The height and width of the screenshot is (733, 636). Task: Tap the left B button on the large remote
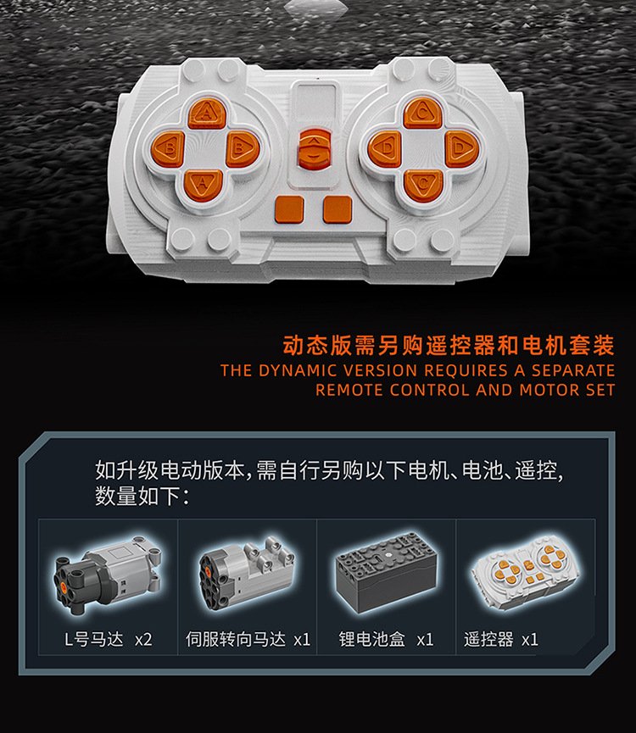tap(168, 148)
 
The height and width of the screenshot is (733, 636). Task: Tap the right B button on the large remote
tap(242, 148)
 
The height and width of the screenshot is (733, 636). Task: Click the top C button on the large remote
tap(422, 114)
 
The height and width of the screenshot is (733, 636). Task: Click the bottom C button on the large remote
tap(422, 185)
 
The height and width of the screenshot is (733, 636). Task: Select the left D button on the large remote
tap(385, 148)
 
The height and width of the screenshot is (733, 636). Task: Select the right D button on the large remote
tap(460, 148)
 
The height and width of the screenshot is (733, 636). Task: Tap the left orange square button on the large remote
tap(290, 210)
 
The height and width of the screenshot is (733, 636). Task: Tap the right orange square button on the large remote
tap(338, 210)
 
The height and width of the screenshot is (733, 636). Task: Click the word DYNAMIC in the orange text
tap(298, 370)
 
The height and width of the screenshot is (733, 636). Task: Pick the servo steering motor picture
tap(247, 574)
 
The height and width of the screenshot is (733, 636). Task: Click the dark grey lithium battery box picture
tap(386, 572)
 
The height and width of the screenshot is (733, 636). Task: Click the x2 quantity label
tap(143, 639)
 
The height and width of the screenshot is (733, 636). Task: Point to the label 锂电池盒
tap(371, 639)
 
